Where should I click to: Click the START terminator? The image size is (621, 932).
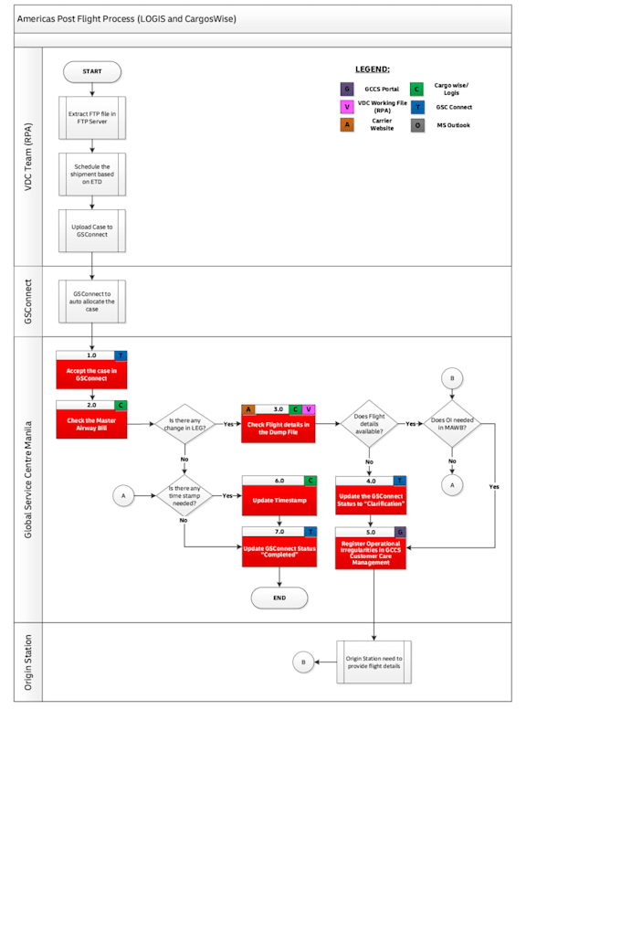click(x=92, y=71)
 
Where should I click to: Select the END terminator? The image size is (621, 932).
click(x=279, y=598)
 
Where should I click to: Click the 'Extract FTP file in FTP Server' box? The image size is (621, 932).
click(x=92, y=118)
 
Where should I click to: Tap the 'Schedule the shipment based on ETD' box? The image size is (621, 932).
click(x=92, y=174)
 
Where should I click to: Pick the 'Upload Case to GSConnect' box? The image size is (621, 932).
click(x=92, y=230)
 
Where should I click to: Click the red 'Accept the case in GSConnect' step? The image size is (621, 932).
click(x=91, y=374)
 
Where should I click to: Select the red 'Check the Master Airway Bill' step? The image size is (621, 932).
click(x=91, y=424)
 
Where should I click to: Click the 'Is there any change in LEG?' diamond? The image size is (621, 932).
click(x=184, y=424)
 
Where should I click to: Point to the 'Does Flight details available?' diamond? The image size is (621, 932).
click(x=370, y=424)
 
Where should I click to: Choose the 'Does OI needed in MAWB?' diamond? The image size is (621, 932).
click(x=451, y=424)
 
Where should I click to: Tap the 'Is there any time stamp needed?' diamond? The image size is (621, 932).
click(x=184, y=495)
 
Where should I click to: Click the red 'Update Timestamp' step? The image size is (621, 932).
click(x=279, y=501)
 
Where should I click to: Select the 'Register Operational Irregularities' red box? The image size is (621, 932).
click(x=370, y=553)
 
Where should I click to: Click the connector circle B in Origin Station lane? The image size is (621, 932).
click(x=302, y=662)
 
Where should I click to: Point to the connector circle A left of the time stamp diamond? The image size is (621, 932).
click(x=122, y=495)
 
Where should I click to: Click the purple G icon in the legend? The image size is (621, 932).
click(x=346, y=89)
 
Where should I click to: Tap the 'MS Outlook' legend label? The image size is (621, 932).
click(x=453, y=125)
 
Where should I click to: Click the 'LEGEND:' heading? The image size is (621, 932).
click(x=372, y=69)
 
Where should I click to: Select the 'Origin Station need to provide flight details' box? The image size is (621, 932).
click(x=374, y=662)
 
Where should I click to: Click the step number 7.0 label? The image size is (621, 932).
click(x=279, y=531)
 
